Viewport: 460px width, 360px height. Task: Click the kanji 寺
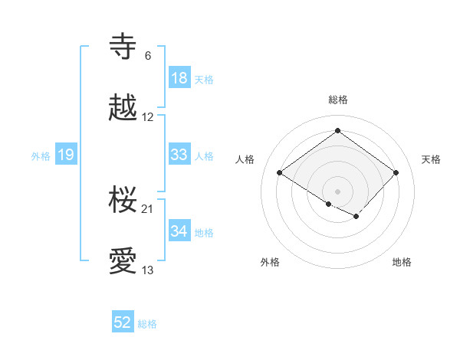(123, 47)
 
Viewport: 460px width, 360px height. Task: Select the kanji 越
(123, 109)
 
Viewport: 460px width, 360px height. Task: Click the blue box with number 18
(179, 78)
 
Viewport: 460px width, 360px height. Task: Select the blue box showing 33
(179, 155)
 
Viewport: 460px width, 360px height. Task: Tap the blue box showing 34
(179, 231)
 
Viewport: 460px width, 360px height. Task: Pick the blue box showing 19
(66, 155)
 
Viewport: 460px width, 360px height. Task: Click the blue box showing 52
(123, 322)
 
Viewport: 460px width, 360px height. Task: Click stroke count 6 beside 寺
(148, 56)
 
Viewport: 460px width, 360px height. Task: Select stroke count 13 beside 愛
(148, 270)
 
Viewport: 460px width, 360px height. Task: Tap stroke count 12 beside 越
(148, 117)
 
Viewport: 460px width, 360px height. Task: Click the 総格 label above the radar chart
(338, 100)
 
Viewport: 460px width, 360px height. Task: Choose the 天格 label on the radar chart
(431, 159)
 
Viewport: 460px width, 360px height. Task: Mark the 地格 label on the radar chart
(402, 262)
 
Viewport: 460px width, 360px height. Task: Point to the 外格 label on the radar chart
(270, 262)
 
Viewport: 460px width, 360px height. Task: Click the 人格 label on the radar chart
(245, 159)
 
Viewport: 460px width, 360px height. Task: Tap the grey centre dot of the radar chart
(337, 191)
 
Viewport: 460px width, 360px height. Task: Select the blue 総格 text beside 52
(147, 324)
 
